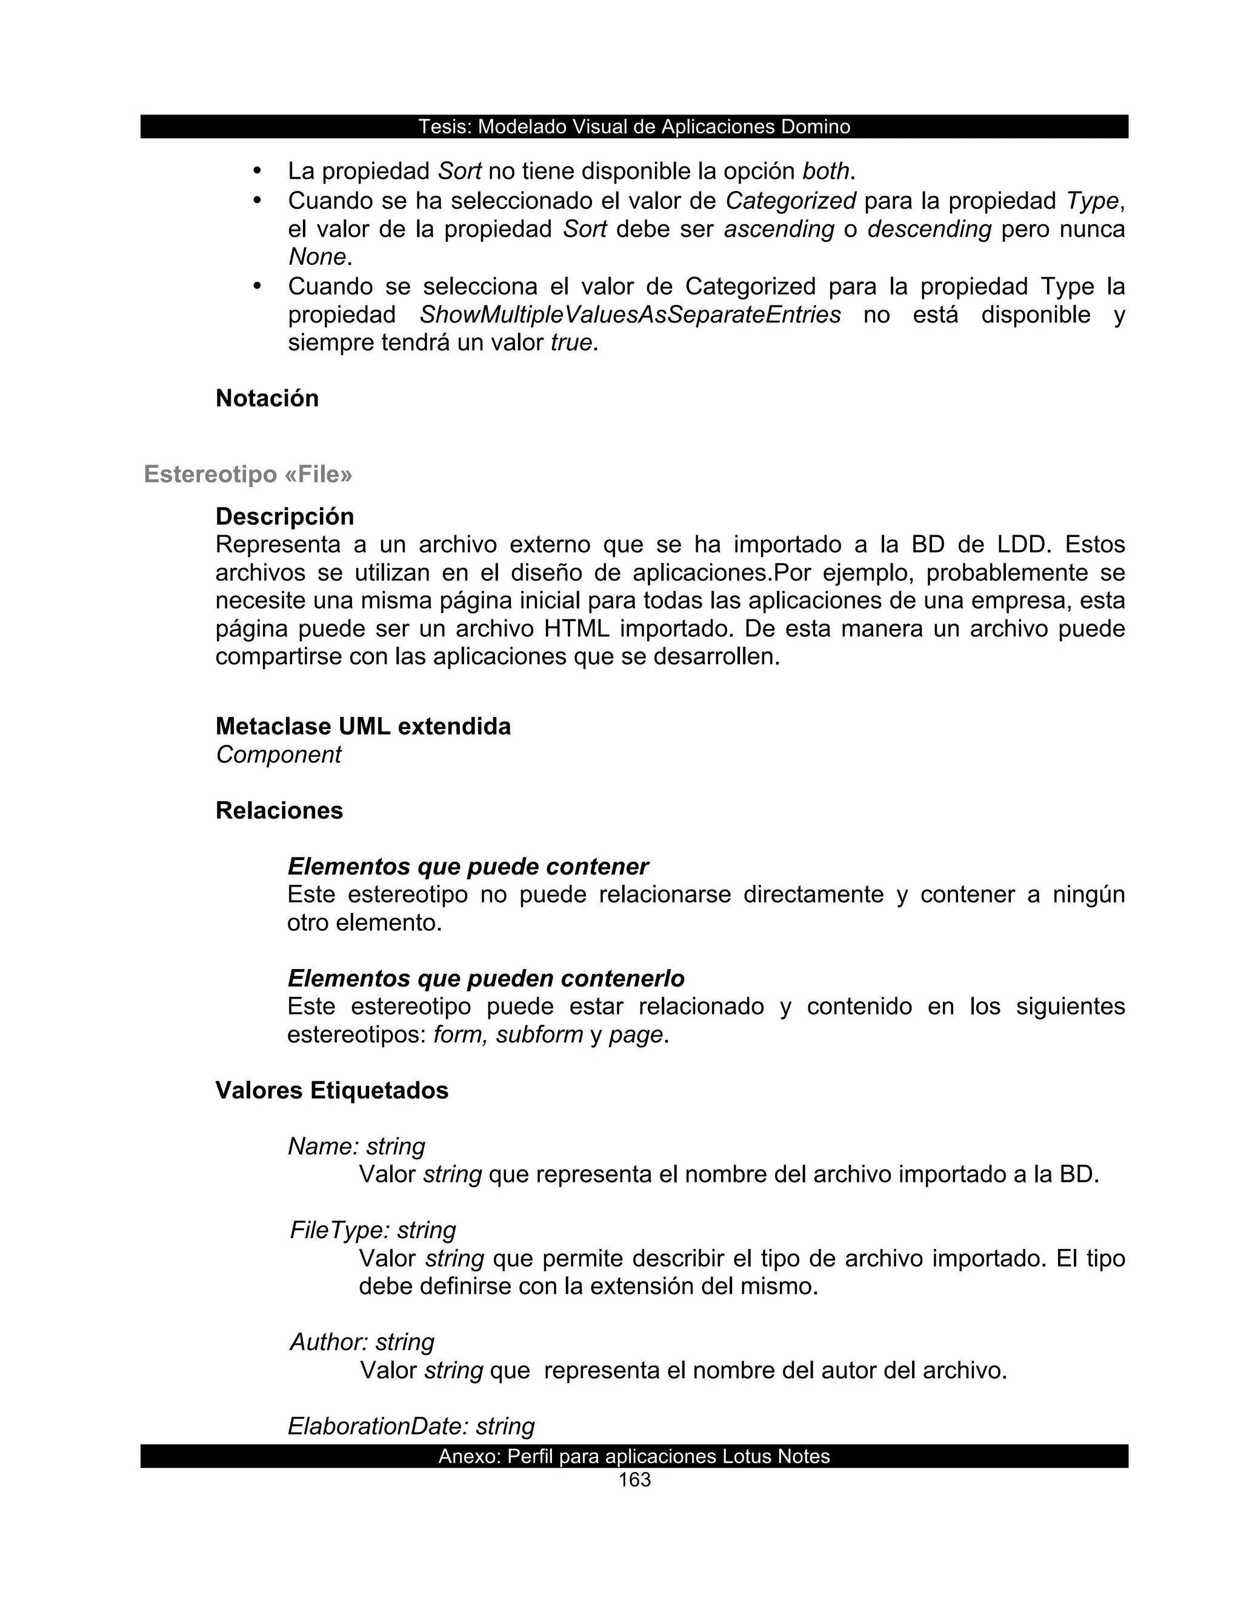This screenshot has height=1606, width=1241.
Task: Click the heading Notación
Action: tap(267, 399)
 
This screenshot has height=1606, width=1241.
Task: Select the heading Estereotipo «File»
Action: tap(248, 475)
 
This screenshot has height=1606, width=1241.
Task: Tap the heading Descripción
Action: tap(285, 516)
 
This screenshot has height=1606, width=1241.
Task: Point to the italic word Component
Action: tap(279, 755)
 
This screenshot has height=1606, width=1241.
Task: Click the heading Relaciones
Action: tap(279, 810)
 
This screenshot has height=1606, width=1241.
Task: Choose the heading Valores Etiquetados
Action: tap(331, 1090)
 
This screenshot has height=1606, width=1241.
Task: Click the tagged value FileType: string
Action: tap(373, 1230)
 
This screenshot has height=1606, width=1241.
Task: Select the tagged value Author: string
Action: tap(362, 1341)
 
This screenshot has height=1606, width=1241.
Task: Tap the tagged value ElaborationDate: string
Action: tap(411, 1426)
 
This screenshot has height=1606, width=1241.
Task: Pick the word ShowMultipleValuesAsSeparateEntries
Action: tap(630, 315)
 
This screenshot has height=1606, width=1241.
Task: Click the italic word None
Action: tap(317, 256)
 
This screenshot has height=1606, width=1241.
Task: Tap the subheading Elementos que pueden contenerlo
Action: tap(486, 978)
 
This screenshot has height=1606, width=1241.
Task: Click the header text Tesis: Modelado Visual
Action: tap(634, 127)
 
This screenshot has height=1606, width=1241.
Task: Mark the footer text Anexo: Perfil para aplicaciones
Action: tap(634, 1456)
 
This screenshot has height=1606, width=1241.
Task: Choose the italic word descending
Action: tap(930, 230)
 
